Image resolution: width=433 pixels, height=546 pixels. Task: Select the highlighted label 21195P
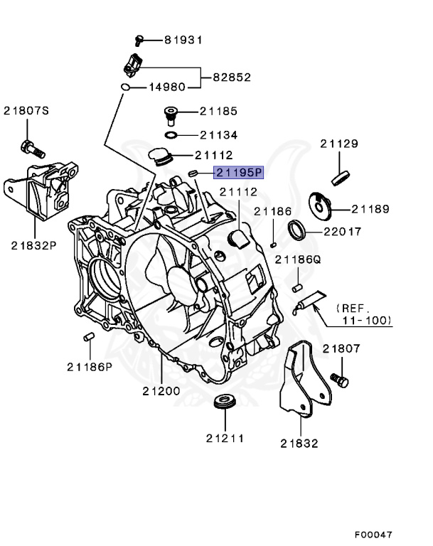coord(239,172)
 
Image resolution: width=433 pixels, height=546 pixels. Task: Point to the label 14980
coord(166,87)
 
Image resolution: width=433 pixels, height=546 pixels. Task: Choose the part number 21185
coord(218,112)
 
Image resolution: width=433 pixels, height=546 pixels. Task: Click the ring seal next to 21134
coord(171,134)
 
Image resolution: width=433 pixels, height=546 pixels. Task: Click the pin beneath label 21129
coord(340,176)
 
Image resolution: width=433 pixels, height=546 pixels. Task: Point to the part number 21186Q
coord(299,260)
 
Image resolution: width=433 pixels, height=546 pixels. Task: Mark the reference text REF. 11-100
coord(363,315)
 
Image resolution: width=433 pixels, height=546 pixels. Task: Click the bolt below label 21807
coord(341,380)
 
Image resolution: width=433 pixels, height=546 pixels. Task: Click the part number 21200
coord(161,391)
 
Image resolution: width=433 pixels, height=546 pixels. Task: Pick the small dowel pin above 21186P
coord(89,336)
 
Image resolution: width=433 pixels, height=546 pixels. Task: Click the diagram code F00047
coord(373,534)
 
